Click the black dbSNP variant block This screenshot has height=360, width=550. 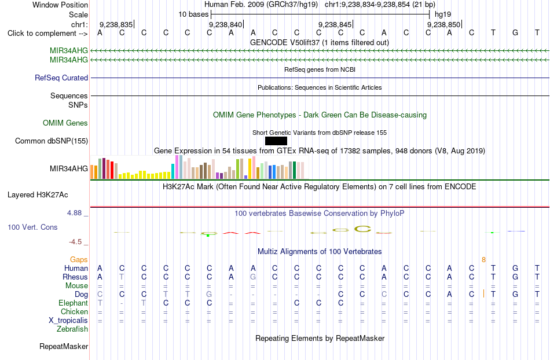(276, 141)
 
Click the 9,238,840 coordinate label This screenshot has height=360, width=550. (226, 24)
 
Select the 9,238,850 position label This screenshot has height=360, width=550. (443, 24)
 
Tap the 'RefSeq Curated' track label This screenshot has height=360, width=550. (61, 78)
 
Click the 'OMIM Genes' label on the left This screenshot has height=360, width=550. (65, 123)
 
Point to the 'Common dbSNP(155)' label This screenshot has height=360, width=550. (52, 141)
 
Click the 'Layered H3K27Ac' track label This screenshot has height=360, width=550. (38, 195)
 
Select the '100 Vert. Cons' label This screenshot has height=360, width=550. (32, 227)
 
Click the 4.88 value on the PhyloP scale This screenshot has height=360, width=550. (74, 213)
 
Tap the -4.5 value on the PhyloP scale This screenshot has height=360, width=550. (75, 242)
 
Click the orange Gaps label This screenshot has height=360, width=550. (79, 259)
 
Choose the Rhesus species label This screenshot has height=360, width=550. (75, 277)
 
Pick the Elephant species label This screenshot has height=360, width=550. (74, 303)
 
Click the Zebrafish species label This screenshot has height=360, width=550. (72, 329)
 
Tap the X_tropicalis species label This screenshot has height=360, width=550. (68, 321)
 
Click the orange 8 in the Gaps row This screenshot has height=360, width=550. (483, 259)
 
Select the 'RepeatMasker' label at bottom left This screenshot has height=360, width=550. (64, 346)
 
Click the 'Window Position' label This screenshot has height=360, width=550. (60, 5)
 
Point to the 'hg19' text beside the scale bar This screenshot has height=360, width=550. (443, 14)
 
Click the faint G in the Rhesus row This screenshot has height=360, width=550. (253, 277)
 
